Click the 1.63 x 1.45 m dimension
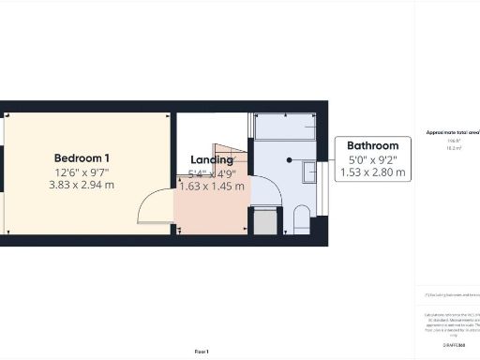pyautogui.click(x=212, y=187)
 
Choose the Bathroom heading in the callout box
pyautogui.click(x=373, y=145)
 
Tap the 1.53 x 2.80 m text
pyautogui.click(x=373, y=172)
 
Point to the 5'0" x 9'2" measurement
pyautogui.click(x=373, y=159)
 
